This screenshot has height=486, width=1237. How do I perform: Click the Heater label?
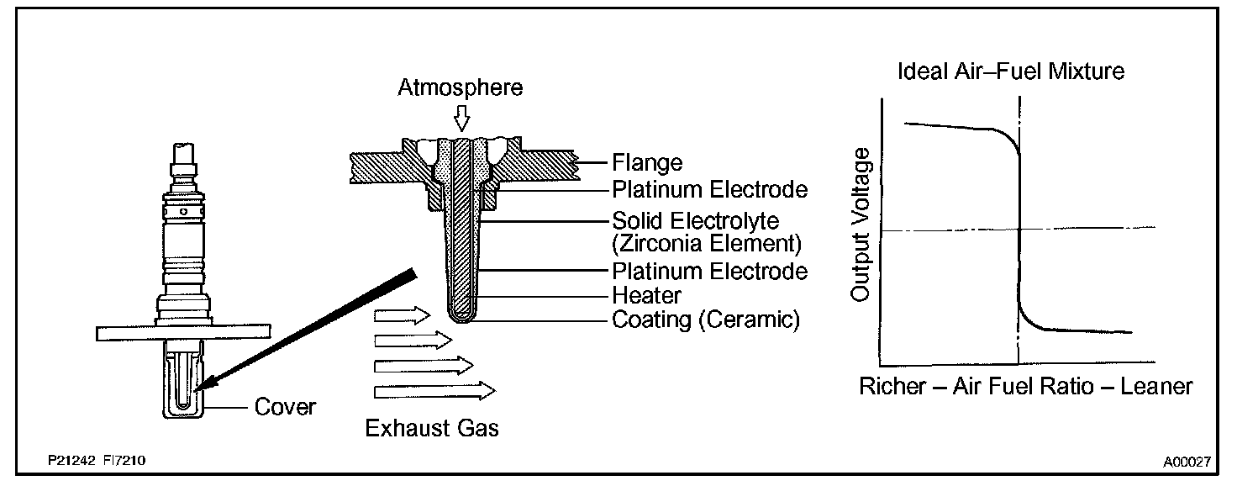click(x=647, y=295)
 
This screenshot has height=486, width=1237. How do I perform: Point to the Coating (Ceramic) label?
click(x=706, y=320)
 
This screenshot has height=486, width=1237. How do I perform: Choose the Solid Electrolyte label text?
click(x=696, y=221)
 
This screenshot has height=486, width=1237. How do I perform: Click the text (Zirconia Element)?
click(x=706, y=245)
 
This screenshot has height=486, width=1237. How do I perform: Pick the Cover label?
click(x=285, y=408)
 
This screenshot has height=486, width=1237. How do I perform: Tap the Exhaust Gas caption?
click(x=432, y=428)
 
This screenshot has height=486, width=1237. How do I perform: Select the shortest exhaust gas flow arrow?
click(x=402, y=314)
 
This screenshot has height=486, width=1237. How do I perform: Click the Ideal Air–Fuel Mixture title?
click(x=1011, y=71)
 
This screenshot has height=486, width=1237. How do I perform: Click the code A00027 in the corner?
click(x=1187, y=462)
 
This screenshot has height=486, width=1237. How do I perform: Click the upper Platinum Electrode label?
click(x=709, y=189)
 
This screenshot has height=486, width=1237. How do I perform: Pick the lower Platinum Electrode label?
click(x=709, y=271)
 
